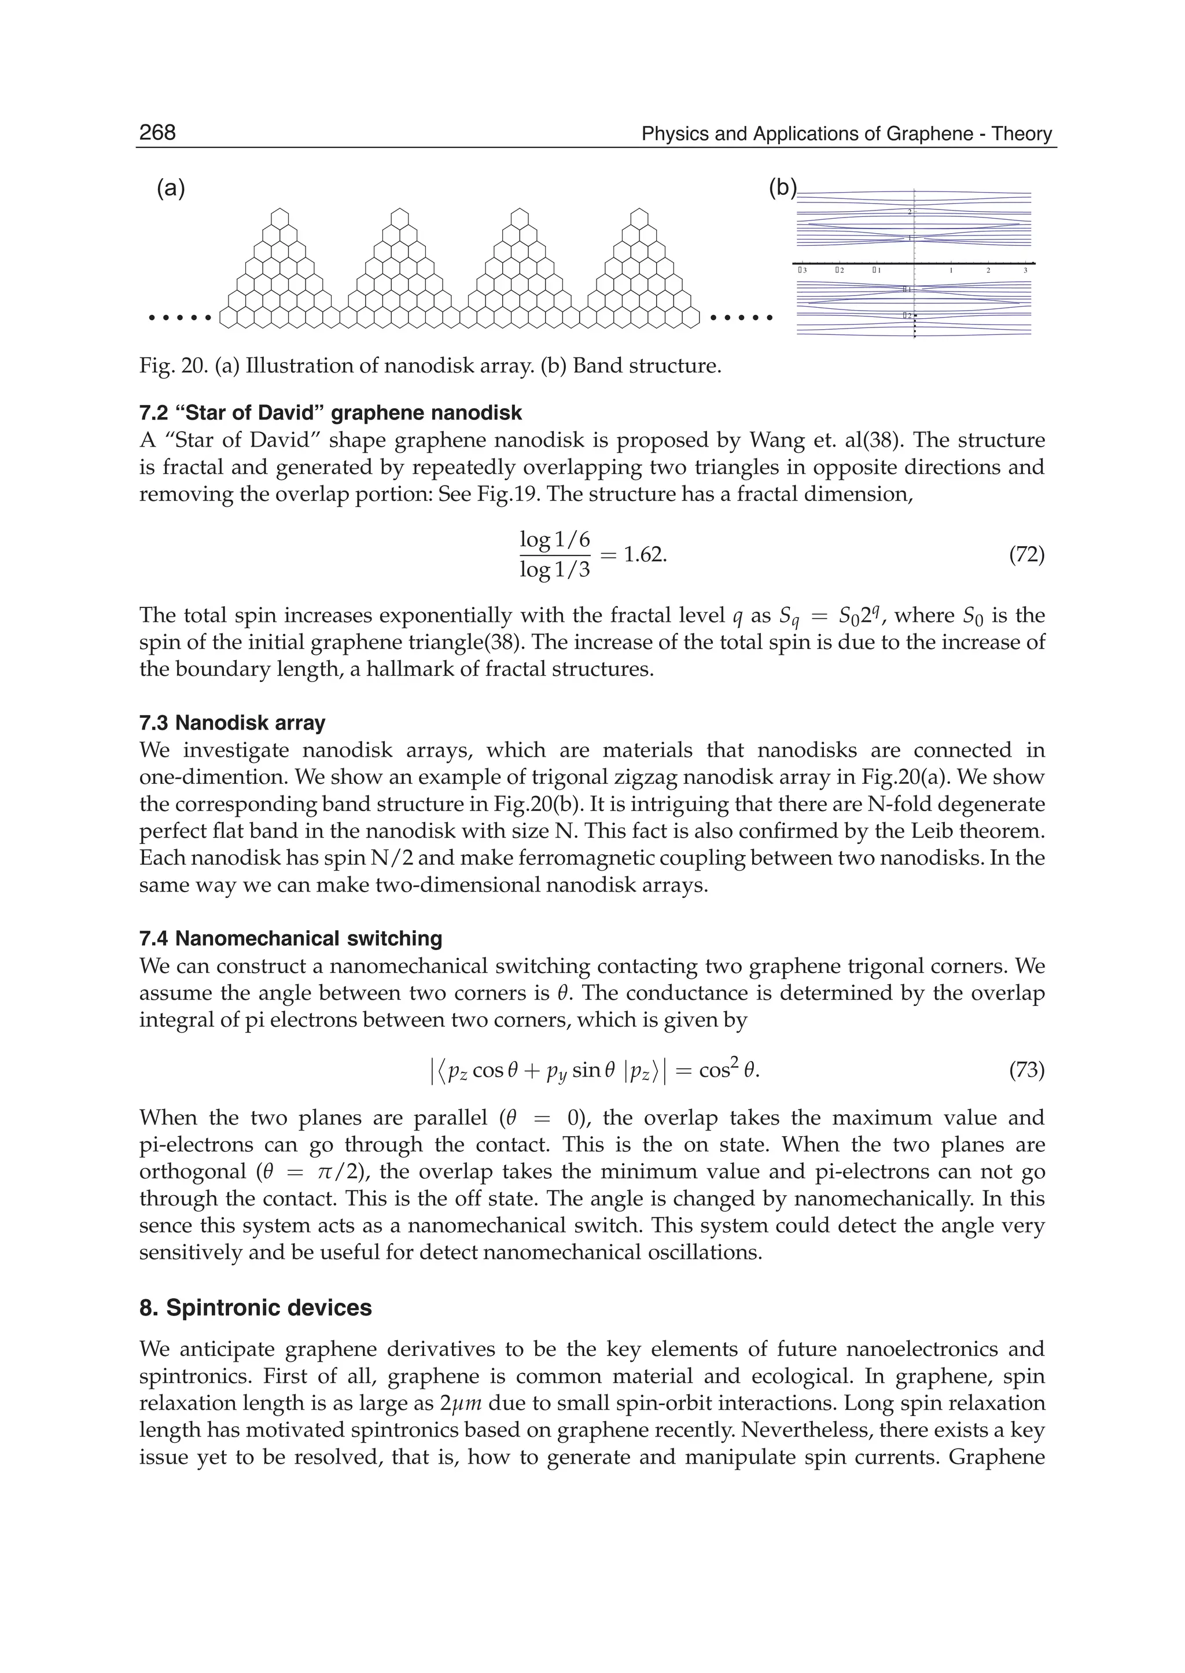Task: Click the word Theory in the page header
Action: pyautogui.click(x=1022, y=134)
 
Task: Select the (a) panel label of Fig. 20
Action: pyautogui.click(x=171, y=189)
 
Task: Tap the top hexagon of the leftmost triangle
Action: pyautogui.click(x=279, y=218)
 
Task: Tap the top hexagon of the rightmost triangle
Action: pyautogui.click(x=639, y=218)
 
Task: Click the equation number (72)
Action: pyautogui.click(x=1026, y=555)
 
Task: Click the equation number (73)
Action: pyautogui.click(x=1026, y=1070)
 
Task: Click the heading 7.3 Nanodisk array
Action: pyautogui.click(x=232, y=723)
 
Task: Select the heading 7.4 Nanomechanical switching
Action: pyautogui.click(x=290, y=938)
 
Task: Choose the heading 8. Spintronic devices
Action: pyautogui.click(x=255, y=1308)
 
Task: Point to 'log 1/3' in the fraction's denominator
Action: pyautogui.click(x=554, y=570)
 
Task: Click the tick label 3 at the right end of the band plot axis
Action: pyautogui.click(x=1025, y=271)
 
